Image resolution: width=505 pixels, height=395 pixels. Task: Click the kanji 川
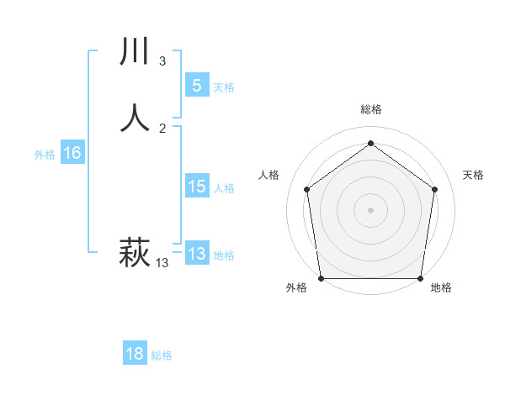[x=136, y=52]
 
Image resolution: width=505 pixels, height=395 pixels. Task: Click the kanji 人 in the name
[x=136, y=117]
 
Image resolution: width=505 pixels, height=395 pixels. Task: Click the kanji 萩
[x=135, y=251]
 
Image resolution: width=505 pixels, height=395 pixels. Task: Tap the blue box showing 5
[x=196, y=86]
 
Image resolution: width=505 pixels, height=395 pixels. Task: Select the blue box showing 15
[x=196, y=187]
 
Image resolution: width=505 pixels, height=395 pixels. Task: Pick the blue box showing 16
[x=72, y=153]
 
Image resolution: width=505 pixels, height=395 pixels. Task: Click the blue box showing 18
[x=135, y=354]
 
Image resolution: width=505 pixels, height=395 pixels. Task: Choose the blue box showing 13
[x=196, y=254]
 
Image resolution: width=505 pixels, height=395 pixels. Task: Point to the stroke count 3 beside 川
[x=162, y=61]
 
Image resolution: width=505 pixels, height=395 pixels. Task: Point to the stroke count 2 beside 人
[x=162, y=128]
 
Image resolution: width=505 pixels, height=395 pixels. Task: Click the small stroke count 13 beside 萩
[x=162, y=263]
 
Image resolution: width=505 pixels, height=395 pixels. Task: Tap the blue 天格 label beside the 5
[x=224, y=87]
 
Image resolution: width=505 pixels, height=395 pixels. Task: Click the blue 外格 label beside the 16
[x=45, y=155]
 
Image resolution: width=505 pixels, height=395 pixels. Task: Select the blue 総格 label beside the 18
[x=162, y=355]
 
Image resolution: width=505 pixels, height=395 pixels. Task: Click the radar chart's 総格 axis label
[x=370, y=109]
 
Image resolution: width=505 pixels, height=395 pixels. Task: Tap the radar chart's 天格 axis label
[x=473, y=175]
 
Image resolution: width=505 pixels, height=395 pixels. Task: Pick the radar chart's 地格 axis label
[x=440, y=287]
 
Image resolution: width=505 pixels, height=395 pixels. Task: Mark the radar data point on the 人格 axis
[x=306, y=189]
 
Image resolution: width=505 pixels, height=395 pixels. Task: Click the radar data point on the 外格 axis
[x=322, y=278]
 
